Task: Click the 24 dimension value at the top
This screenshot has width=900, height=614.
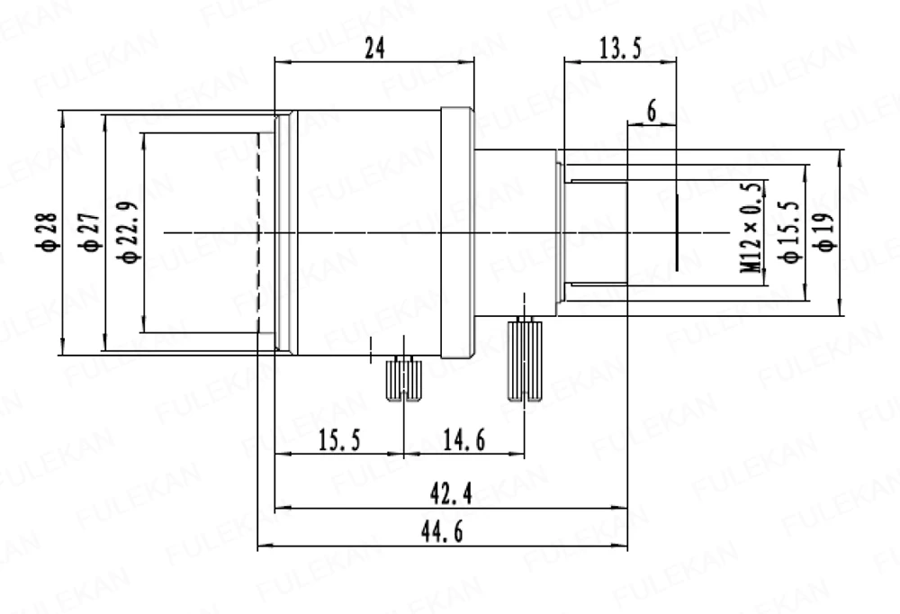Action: pyautogui.click(x=374, y=49)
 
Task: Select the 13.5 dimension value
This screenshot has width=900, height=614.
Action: pyautogui.click(x=620, y=49)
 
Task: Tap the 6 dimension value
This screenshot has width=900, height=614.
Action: pyautogui.click(x=652, y=111)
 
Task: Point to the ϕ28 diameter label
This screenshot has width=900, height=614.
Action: pyautogui.click(x=49, y=232)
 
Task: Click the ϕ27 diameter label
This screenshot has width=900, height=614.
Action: pyautogui.click(x=91, y=232)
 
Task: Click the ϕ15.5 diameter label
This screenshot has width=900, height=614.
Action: pyautogui.click(x=790, y=232)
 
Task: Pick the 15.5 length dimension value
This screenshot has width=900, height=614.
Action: pyautogui.click(x=340, y=440)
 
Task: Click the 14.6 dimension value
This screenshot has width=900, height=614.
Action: pyautogui.click(x=464, y=440)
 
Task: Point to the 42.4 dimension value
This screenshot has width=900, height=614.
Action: pyautogui.click(x=452, y=493)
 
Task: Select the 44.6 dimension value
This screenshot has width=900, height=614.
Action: pyautogui.click(x=442, y=532)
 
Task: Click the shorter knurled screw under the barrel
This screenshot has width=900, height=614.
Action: pyautogui.click(x=403, y=379)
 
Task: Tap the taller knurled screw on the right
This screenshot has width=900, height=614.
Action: pyautogui.click(x=524, y=359)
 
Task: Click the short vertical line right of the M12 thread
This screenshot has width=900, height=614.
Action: pyautogui.click(x=677, y=232)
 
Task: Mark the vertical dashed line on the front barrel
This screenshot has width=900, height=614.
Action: pyautogui.click(x=257, y=232)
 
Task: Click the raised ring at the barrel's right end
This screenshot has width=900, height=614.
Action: pyautogui.click(x=457, y=232)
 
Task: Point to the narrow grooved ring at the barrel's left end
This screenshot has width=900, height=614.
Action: pyautogui.click(x=286, y=232)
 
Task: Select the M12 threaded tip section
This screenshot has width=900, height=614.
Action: pyautogui.click(x=597, y=232)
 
